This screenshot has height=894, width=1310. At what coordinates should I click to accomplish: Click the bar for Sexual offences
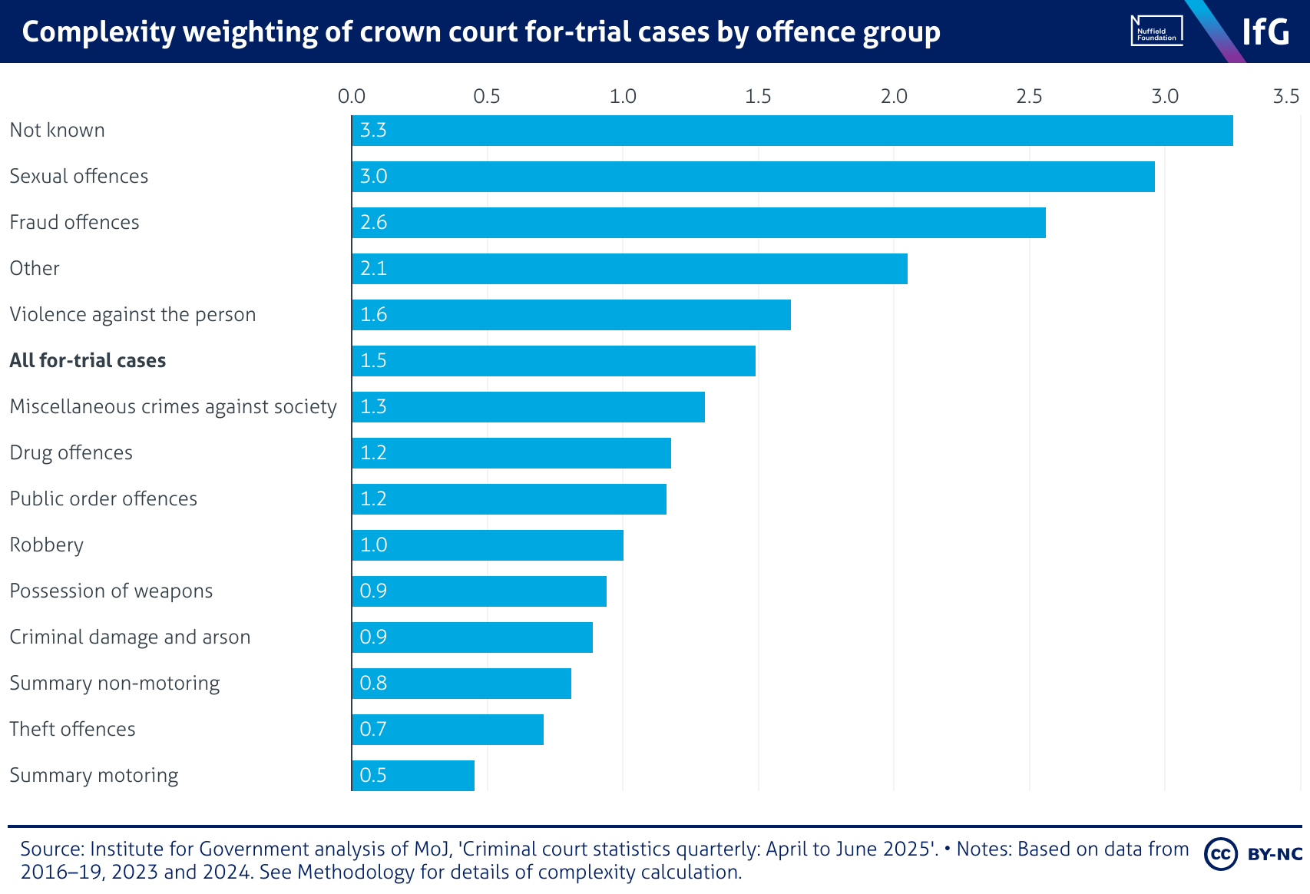(753, 177)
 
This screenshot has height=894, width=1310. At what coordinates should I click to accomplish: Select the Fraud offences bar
(699, 223)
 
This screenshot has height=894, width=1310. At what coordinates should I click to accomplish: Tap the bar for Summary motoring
(413, 776)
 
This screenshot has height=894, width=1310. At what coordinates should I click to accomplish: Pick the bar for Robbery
(488, 545)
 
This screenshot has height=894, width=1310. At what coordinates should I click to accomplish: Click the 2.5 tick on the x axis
(1029, 96)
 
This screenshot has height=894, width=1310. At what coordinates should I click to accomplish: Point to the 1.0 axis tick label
(623, 96)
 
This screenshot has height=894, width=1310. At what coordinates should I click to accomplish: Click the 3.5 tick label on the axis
(1285, 96)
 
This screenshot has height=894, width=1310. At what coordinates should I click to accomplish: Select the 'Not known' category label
(58, 131)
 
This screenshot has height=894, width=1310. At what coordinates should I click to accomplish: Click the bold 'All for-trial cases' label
(88, 361)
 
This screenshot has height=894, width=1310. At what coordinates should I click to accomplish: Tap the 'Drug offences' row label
(71, 453)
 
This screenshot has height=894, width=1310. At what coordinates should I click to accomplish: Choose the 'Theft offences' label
(72, 730)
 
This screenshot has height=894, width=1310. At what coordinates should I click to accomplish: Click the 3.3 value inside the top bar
(373, 131)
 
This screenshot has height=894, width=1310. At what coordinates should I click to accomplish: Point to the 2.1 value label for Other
(373, 269)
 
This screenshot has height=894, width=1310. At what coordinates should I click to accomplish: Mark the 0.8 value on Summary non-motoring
(373, 684)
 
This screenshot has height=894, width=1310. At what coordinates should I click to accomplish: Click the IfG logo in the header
(1265, 31)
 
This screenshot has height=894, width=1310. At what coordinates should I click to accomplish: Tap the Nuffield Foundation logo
(1156, 31)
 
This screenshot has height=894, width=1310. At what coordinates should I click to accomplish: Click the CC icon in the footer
(1221, 854)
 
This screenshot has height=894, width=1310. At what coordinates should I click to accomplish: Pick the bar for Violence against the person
(571, 315)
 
